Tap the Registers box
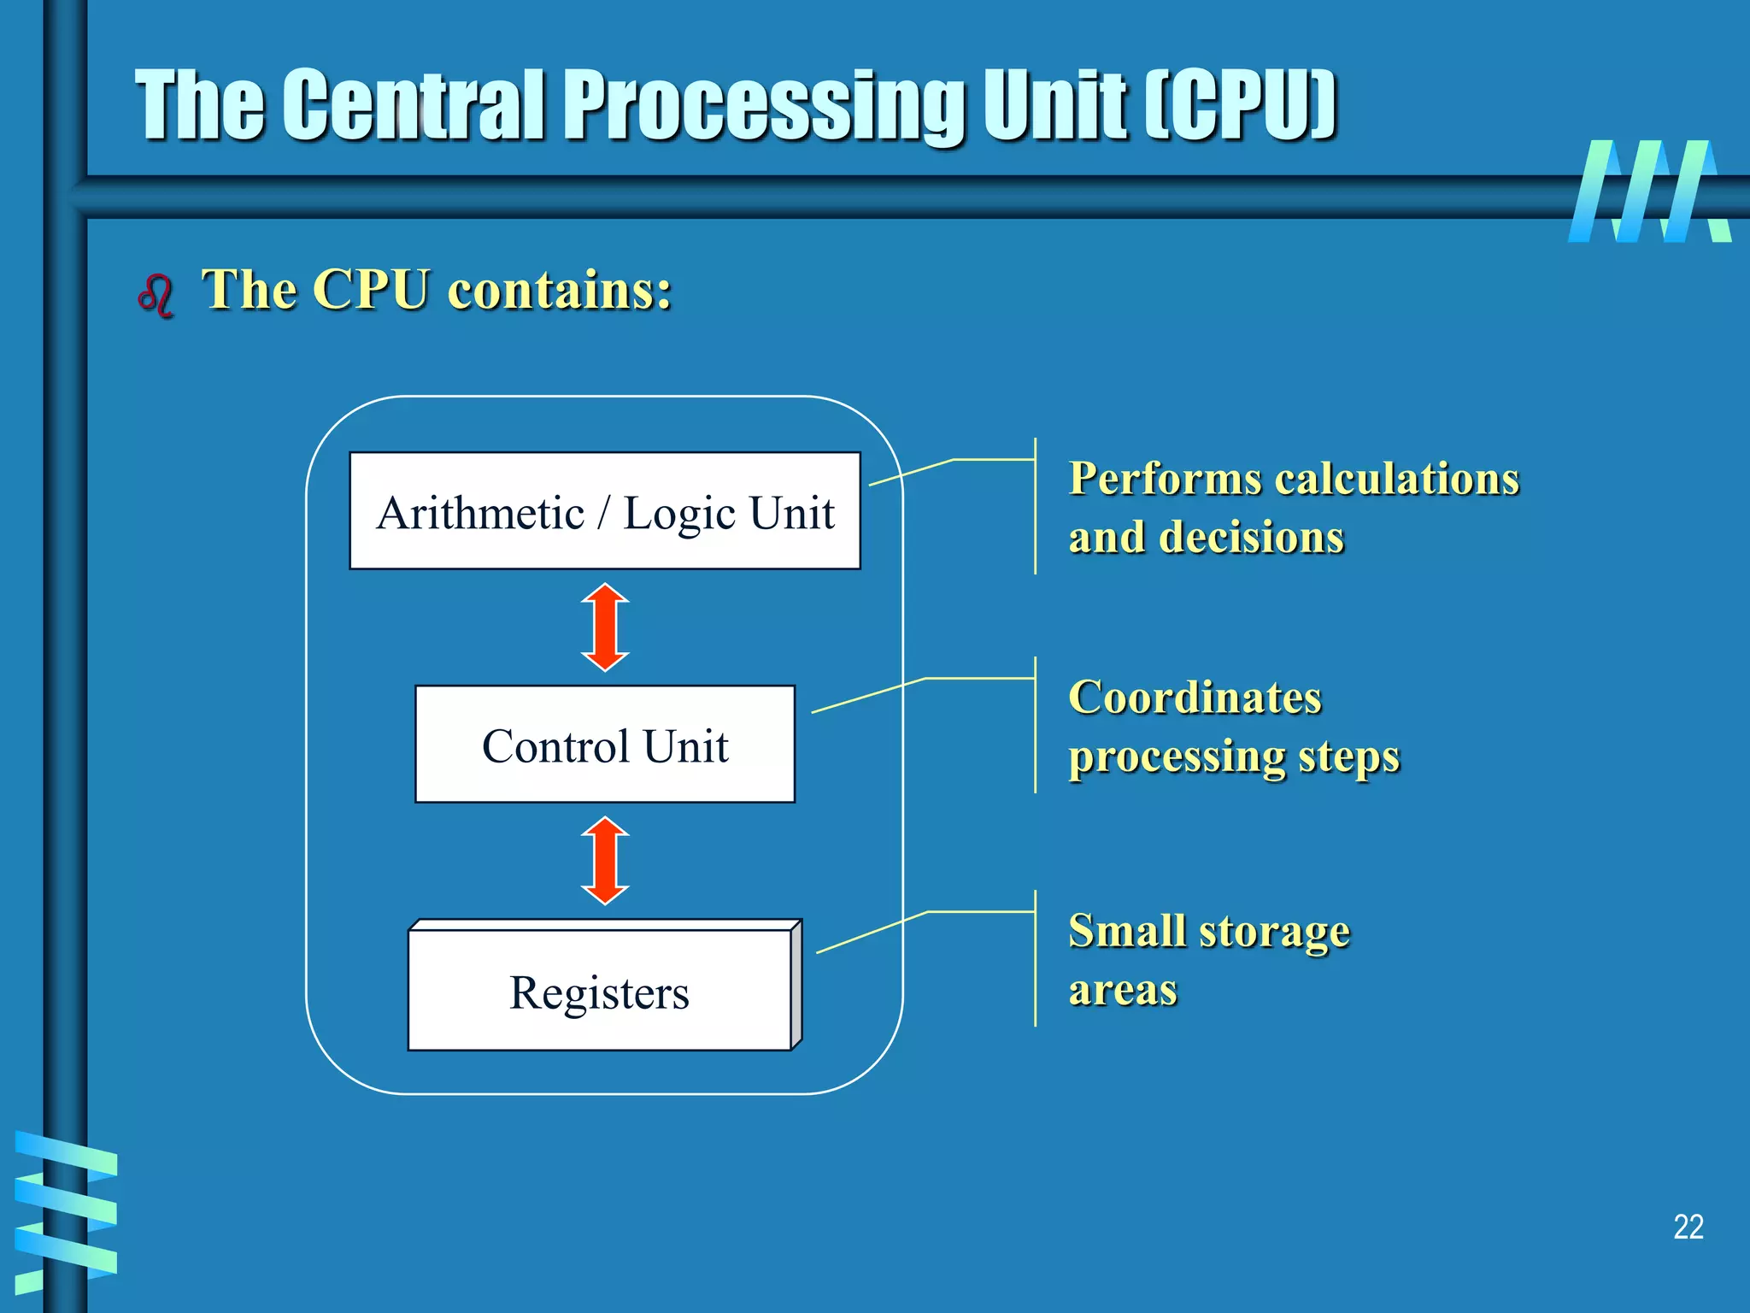pos(600,992)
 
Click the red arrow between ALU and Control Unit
pos(605,627)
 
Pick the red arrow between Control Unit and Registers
pos(605,861)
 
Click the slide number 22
pos(1688,1228)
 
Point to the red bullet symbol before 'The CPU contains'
pos(156,296)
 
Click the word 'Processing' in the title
pos(766,105)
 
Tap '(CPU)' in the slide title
pos(1241,105)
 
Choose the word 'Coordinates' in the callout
pos(1195,698)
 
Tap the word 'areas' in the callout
pos(1123,990)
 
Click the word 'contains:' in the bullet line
pos(560,290)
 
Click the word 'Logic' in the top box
pos(679,514)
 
